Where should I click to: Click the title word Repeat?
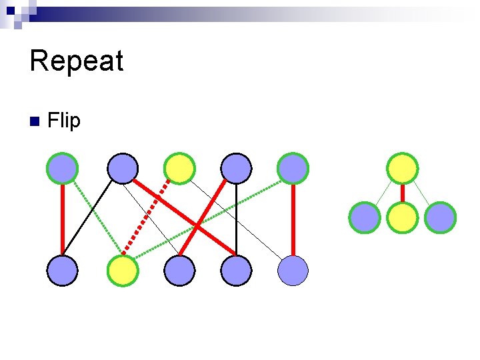(77, 61)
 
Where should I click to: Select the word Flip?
(64, 121)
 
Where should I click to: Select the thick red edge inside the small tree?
(403, 193)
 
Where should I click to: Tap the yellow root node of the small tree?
(403, 168)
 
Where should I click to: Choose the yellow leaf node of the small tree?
(403, 218)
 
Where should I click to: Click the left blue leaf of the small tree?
(365, 218)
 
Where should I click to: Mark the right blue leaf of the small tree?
(440, 218)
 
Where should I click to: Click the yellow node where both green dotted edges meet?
(123, 271)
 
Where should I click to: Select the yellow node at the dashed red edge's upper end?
(179, 168)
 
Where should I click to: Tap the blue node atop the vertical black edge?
(237, 168)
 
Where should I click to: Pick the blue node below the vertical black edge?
(237, 271)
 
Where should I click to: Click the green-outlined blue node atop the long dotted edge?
(293, 168)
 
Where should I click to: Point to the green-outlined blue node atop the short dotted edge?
(63, 168)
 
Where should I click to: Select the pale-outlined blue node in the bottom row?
(293, 271)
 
